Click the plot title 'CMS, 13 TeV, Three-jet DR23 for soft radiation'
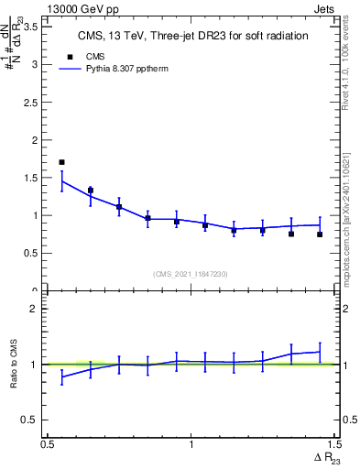click(191, 36)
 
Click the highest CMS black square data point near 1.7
click(61, 162)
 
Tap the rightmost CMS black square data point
click(320, 234)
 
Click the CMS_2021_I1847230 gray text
click(191, 273)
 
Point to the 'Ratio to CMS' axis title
click(14, 364)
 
